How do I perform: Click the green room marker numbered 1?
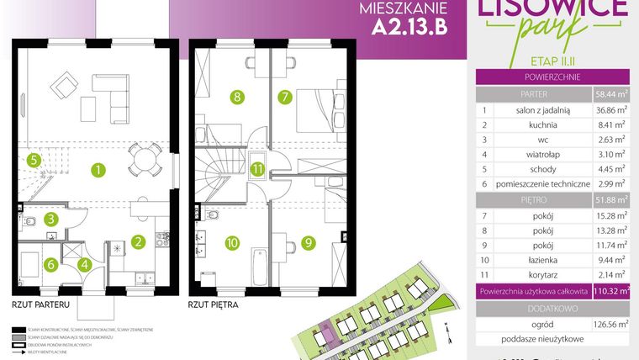(98, 171)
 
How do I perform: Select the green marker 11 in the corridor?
(258, 169)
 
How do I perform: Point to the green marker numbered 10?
(233, 243)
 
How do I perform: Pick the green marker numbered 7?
(286, 98)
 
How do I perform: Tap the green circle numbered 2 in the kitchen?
(137, 243)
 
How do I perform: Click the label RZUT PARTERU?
(40, 304)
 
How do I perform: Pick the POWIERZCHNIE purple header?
(553, 77)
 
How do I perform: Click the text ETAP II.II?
(553, 61)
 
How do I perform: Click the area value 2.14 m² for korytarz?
(610, 275)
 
